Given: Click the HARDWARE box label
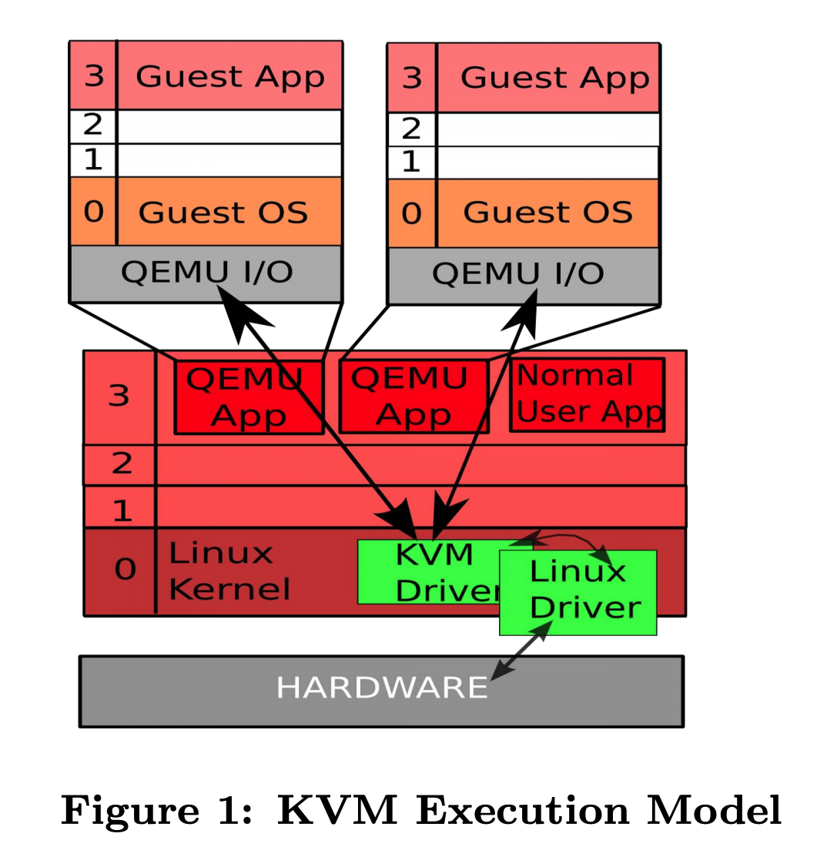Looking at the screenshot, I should [382, 687].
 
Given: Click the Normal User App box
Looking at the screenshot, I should [588, 394].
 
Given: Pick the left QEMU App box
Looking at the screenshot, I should [248, 397].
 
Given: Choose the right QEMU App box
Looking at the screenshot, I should [413, 397].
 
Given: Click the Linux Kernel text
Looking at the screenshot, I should [229, 571].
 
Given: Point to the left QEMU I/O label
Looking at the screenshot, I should [206, 273].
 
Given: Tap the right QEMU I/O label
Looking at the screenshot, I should [517, 274].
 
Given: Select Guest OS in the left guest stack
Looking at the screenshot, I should [223, 213].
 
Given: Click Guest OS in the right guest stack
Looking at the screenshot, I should [547, 212].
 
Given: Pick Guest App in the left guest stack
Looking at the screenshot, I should [229, 77].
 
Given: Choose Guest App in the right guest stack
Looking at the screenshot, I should [554, 79].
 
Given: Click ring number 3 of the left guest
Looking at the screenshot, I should [94, 76].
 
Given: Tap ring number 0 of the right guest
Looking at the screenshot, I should [412, 213].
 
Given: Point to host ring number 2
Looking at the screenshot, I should [122, 464].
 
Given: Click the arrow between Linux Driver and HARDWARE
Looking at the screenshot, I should [522, 651].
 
